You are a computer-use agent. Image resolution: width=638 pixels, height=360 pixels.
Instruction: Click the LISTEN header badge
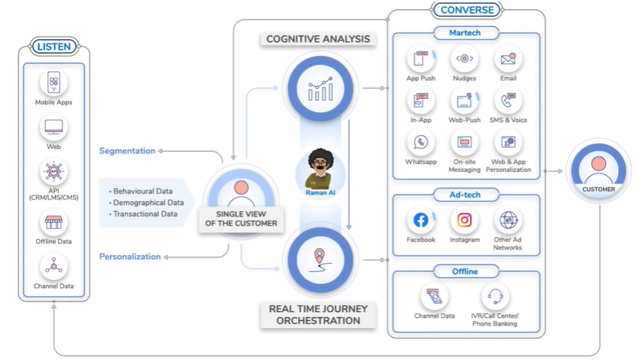[53, 47]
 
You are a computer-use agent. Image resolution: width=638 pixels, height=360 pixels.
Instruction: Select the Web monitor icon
[54, 127]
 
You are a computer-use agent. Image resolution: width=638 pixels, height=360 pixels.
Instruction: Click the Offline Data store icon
[54, 223]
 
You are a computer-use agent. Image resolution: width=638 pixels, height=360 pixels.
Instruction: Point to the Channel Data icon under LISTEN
[54, 266]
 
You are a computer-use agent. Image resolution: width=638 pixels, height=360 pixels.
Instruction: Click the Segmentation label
[127, 150]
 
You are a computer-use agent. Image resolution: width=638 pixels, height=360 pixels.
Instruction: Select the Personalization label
[130, 256]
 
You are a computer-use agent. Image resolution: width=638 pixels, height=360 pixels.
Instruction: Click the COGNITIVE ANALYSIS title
[318, 38]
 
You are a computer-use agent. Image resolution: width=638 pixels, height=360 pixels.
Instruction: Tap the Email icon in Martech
[508, 59]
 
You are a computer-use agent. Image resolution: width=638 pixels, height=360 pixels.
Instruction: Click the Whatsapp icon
[421, 143]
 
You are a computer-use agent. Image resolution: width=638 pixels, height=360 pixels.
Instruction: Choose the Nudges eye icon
[464, 59]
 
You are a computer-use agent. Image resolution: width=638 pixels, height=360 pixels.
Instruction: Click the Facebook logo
[421, 221]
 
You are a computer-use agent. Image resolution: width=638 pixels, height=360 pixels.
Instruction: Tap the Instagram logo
[464, 221]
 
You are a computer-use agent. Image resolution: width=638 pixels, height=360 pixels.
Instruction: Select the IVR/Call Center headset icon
[494, 296]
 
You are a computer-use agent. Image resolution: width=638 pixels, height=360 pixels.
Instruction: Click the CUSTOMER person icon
[598, 168]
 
